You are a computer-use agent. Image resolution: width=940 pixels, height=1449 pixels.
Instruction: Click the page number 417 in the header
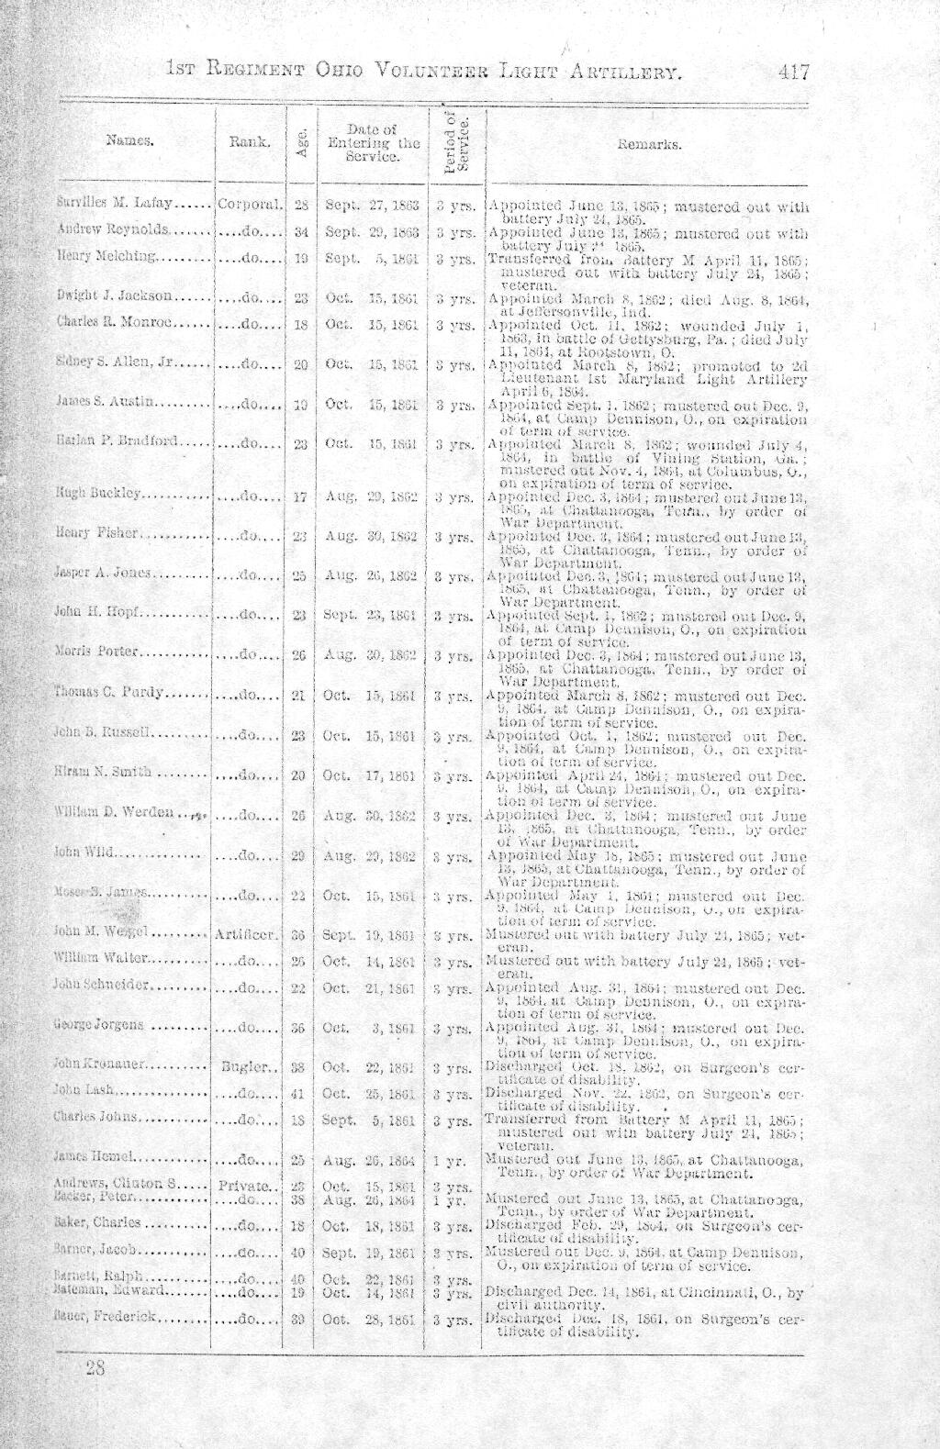[x=792, y=72]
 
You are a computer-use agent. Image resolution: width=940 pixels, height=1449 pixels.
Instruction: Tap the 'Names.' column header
[x=129, y=141]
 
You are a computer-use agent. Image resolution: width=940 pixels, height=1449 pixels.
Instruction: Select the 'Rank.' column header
[x=249, y=141]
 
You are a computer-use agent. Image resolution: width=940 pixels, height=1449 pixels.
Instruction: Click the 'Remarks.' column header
[x=649, y=144]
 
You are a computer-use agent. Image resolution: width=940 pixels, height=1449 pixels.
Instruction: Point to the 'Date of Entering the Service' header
[x=373, y=143]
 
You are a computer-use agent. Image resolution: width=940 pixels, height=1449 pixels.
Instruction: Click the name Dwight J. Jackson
[x=114, y=295]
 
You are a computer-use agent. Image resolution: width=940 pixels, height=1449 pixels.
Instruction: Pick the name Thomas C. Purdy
[x=109, y=693]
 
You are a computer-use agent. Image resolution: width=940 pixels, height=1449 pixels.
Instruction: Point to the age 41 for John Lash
[x=297, y=1094]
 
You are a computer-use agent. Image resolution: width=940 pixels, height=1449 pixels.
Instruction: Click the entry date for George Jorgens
[x=373, y=1027]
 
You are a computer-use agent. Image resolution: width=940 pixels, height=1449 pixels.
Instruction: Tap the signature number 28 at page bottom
[x=95, y=1369]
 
